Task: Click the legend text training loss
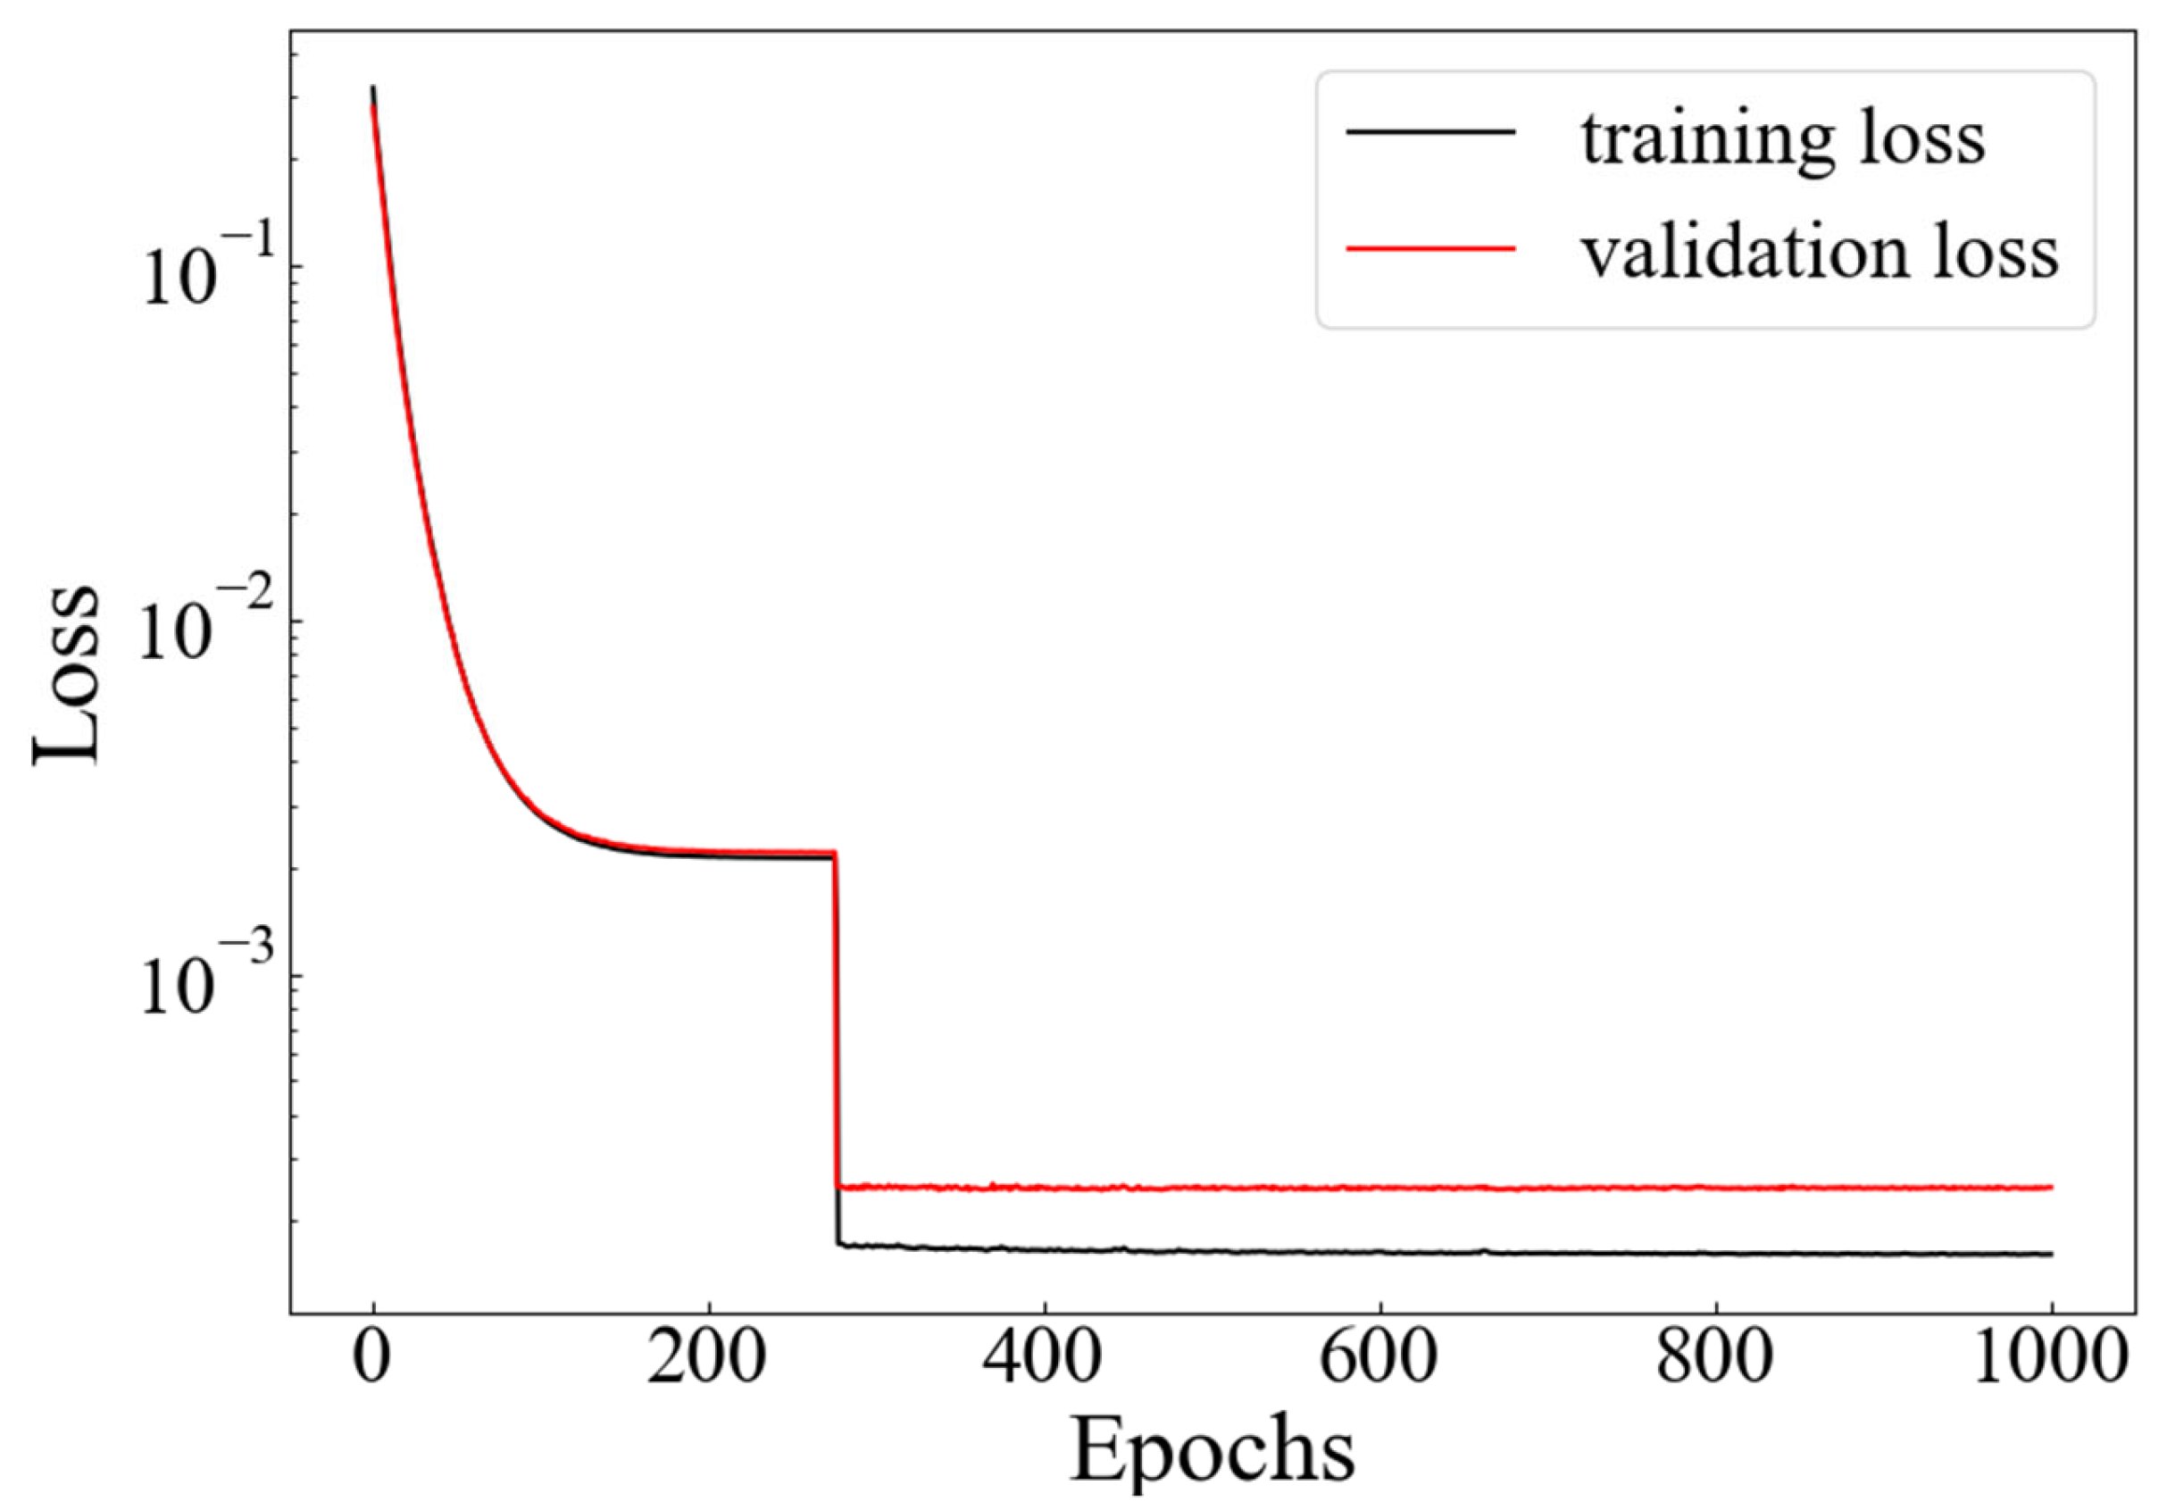[1783, 139]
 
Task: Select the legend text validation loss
[1820, 253]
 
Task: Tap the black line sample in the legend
[1429, 133]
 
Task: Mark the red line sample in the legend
[1429, 248]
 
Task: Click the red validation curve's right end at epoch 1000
[2050, 1188]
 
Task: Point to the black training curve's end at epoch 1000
[2050, 1255]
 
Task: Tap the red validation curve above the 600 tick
[1379, 1188]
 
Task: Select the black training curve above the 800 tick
[1715, 1254]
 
